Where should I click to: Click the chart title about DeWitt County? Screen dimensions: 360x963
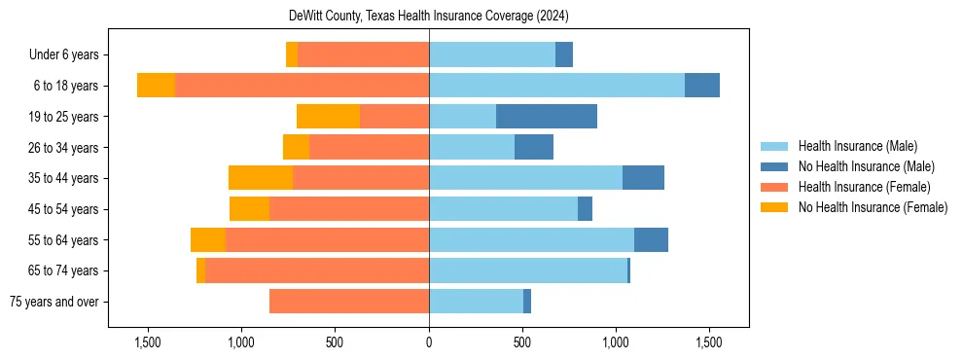(x=429, y=17)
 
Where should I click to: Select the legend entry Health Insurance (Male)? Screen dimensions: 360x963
(x=857, y=146)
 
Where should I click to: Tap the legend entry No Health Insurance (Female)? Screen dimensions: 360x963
(x=873, y=207)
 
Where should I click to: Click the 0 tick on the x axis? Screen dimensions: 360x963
(x=429, y=342)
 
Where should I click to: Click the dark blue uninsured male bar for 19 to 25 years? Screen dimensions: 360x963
(x=546, y=117)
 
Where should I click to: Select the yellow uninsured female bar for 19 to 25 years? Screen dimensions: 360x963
(x=328, y=117)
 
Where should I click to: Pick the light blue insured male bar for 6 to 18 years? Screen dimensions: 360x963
(x=556, y=86)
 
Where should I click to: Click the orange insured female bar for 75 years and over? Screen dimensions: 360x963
(x=349, y=302)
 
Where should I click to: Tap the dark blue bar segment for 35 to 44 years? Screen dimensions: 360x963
(x=643, y=178)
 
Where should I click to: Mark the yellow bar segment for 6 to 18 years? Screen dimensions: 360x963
(x=156, y=86)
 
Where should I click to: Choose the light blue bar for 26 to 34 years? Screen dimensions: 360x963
(x=472, y=147)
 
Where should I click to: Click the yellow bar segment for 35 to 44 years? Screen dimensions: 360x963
(x=261, y=178)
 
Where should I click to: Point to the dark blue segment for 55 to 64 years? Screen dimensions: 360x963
(x=651, y=239)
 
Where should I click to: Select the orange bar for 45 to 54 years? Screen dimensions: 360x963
(x=349, y=209)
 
